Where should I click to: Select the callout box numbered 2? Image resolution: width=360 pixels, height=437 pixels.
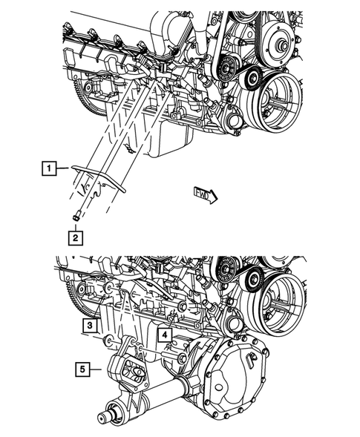click(75, 237)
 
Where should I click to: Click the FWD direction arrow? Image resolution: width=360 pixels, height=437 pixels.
click(205, 195)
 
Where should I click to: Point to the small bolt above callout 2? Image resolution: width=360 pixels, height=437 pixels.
click(76, 217)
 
